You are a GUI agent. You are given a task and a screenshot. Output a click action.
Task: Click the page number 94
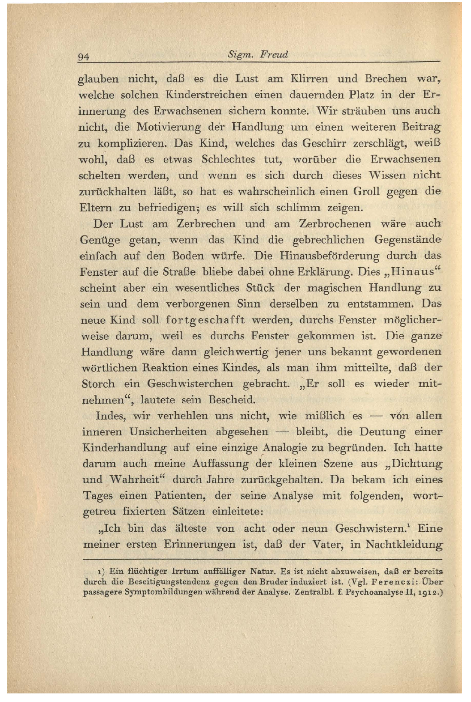click(x=83, y=57)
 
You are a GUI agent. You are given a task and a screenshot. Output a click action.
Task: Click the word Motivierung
click(x=168, y=127)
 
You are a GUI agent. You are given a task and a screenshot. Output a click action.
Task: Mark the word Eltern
click(x=94, y=208)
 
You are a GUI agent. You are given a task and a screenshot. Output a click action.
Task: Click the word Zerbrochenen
click(x=335, y=224)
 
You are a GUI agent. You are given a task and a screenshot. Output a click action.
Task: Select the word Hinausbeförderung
click(x=329, y=256)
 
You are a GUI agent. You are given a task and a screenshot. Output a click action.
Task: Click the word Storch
click(x=98, y=384)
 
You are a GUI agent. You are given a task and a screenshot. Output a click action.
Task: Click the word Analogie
click(x=286, y=448)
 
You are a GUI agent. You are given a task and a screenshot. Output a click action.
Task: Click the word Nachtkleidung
click(x=404, y=545)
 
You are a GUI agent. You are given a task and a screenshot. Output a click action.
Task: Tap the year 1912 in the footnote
click(x=426, y=593)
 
